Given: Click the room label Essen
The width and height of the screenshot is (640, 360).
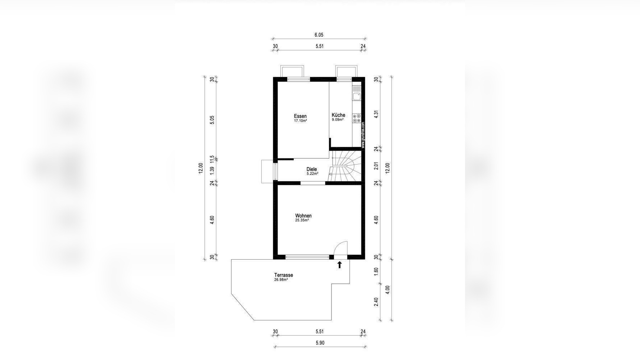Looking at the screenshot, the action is [x=300, y=116].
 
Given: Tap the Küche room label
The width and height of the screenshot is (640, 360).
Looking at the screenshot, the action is [x=338, y=115].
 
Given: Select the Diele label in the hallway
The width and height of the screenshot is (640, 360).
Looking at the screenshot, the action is [x=312, y=169].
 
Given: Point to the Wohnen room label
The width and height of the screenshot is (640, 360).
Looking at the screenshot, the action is [x=303, y=216].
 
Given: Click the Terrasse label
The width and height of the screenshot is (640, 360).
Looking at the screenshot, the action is [x=284, y=275].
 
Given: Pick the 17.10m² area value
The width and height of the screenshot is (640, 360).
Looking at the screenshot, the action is [x=301, y=121].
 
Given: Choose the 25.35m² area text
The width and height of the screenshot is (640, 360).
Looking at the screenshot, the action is [x=302, y=220].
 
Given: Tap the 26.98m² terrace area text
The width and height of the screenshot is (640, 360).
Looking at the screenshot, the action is [x=281, y=280].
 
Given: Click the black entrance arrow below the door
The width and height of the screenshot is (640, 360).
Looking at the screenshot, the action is [x=339, y=265].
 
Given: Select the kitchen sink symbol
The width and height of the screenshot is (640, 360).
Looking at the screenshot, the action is [x=357, y=96].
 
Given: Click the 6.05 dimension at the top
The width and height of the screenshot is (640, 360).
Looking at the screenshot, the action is [x=319, y=35].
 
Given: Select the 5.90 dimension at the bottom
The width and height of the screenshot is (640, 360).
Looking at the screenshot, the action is [x=320, y=343].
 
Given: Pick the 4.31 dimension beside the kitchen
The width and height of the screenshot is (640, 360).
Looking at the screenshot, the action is [x=377, y=114].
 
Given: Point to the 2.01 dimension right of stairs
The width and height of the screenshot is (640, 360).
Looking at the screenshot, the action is [x=377, y=166].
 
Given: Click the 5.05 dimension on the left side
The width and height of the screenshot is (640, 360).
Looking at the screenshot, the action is [x=212, y=120].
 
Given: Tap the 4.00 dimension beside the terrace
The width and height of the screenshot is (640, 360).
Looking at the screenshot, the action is [x=387, y=290].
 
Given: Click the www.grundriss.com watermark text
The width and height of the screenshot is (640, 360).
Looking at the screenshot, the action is [x=363, y=135].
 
